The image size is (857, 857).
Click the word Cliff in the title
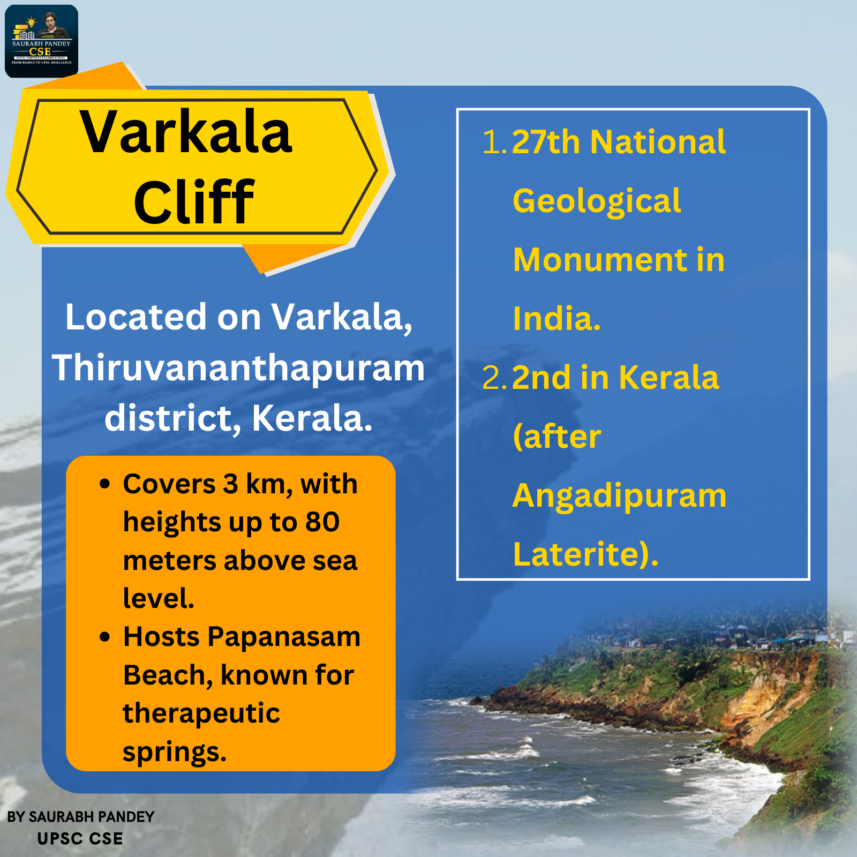point(194,202)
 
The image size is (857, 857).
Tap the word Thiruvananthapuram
point(238,368)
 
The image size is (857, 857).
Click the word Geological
point(597,202)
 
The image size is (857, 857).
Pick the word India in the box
point(553,319)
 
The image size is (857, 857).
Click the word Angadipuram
point(619,497)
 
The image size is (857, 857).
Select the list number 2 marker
point(494,378)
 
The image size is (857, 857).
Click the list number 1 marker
point(494,142)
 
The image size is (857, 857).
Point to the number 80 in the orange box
point(322,522)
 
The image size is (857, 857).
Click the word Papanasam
point(284,637)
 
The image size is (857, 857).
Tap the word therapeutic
point(201,713)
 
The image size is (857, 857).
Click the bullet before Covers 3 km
point(105,484)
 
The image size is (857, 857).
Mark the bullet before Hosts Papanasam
point(105,637)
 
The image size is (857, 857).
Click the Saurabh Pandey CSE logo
point(42,41)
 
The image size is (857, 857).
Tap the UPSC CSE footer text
point(80,839)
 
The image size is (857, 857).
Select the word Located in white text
point(136,317)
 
